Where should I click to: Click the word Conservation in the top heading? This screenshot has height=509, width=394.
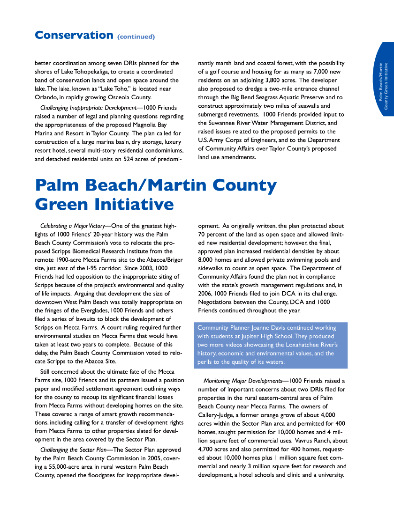[x=74, y=35]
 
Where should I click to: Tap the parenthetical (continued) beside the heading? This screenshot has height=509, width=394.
[x=136, y=37]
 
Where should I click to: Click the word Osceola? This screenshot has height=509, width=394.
[x=120, y=97]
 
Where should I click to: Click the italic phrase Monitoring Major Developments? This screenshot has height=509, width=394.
[x=242, y=381]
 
